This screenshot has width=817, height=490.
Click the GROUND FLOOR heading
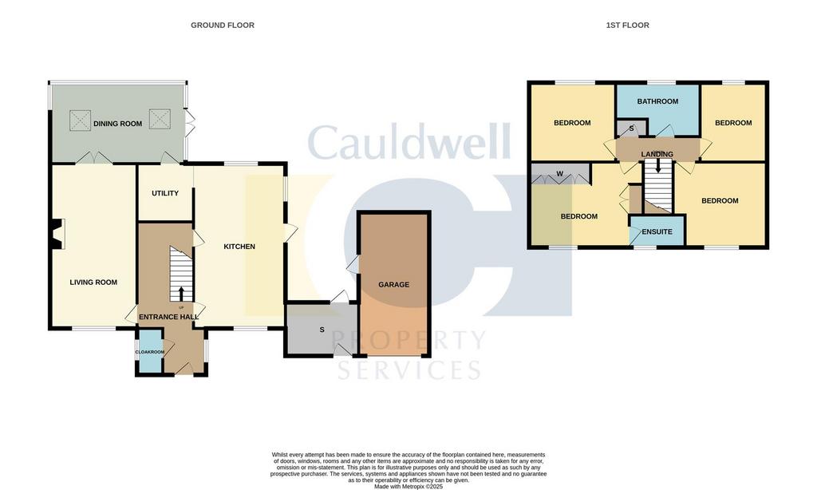coord(223,25)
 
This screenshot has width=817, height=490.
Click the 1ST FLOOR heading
coord(627,25)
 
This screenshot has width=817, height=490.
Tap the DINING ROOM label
coord(118,124)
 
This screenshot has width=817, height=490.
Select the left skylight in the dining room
coord(81,120)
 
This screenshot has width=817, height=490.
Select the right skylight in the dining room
coord(160,119)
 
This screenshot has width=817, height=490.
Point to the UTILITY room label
coord(165,193)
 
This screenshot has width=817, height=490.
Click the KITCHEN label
coord(239,247)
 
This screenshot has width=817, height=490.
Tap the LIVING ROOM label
coord(93,283)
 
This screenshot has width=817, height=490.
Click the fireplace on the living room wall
coord(57,234)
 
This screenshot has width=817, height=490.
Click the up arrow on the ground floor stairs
coord(181,294)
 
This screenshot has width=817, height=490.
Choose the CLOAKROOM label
coord(149,352)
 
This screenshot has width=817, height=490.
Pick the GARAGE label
coord(393,285)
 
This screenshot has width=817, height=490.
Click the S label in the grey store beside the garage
coord(322,330)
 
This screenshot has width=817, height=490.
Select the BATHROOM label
coord(657,101)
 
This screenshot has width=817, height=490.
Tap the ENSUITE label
coord(657,231)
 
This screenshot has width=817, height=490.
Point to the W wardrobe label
coord(559,174)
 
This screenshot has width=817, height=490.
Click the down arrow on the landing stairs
coord(658,165)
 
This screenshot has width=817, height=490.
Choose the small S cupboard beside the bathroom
coord(632,128)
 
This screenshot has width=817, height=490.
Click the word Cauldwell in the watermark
coord(409,142)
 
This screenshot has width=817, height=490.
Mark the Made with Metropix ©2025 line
coord(408,486)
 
